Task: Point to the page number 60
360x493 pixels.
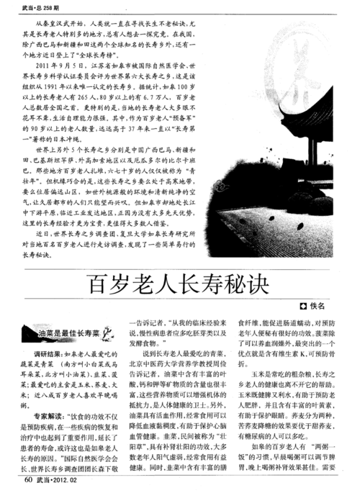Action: pyautogui.click(x=27, y=479)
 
